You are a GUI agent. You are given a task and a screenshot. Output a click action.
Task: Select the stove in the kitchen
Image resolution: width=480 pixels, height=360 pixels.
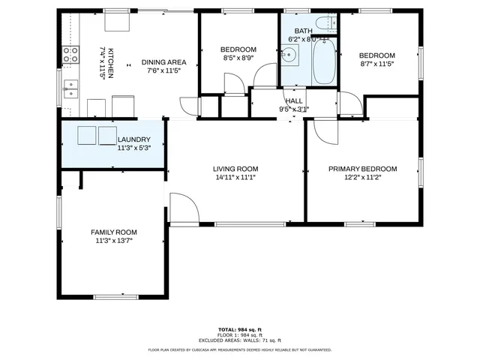[70, 54]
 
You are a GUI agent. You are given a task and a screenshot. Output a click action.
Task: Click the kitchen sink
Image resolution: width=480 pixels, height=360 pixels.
[70, 89]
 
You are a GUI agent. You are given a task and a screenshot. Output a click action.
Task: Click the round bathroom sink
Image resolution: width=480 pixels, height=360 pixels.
[289, 55]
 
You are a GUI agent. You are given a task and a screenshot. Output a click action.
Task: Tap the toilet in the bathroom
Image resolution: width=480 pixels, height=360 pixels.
[323, 22]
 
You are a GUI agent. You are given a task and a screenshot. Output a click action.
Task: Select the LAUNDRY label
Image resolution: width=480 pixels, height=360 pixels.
[134, 139]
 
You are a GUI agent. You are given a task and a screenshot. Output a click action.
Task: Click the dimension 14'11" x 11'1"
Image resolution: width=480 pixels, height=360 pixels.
[235, 178]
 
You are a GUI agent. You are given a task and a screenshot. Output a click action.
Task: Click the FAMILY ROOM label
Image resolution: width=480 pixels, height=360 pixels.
[114, 232]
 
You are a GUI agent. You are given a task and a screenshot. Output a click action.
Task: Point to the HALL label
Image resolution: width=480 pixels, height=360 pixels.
[294, 100]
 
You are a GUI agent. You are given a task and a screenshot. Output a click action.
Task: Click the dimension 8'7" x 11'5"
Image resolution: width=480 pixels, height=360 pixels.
[376, 64]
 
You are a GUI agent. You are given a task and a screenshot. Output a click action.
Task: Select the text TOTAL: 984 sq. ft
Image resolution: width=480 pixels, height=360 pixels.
[240, 329]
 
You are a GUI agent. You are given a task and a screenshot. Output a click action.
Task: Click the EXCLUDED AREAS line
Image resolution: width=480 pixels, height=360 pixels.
[240, 339]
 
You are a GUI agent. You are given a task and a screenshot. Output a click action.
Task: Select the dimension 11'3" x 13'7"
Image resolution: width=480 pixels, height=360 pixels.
[114, 241]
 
